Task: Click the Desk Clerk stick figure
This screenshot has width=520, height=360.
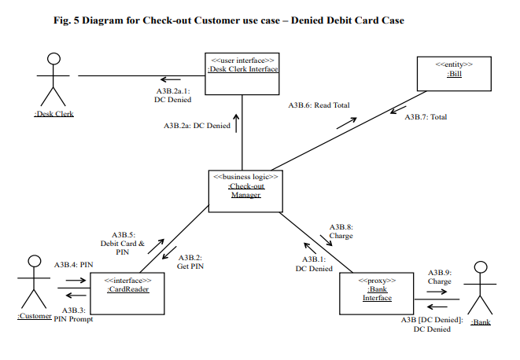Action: click(53, 83)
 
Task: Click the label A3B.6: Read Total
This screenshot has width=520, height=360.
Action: click(319, 105)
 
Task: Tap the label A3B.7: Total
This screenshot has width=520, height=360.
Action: click(426, 117)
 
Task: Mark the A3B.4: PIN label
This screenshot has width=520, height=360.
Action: click(69, 266)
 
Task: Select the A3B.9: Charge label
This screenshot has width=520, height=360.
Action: click(439, 276)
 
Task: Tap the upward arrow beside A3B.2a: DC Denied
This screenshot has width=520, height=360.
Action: click(234, 124)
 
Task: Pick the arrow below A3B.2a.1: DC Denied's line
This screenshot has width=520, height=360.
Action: click(170, 79)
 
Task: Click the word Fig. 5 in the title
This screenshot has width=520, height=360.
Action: click(72, 20)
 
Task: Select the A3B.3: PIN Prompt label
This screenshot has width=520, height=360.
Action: click(73, 315)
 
